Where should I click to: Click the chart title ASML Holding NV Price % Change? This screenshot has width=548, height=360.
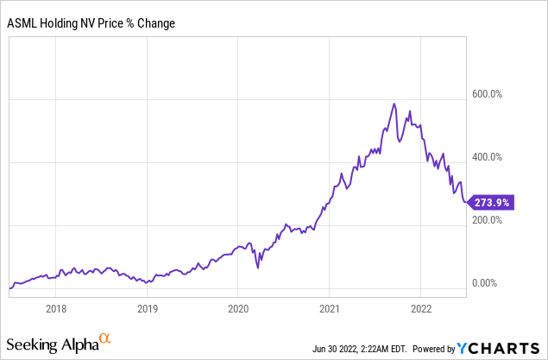point(91,22)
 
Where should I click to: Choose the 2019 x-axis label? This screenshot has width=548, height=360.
point(147,306)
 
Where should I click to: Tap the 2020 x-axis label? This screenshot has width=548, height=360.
point(238,306)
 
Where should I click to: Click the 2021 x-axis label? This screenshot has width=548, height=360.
point(330,306)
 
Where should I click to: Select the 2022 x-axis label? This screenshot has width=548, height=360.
point(421,306)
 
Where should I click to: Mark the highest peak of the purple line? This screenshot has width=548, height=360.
point(394,104)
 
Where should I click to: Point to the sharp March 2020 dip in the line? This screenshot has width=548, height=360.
point(258,268)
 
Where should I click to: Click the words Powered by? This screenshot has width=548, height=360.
point(433,349)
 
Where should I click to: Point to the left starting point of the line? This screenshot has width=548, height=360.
point(9,288)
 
